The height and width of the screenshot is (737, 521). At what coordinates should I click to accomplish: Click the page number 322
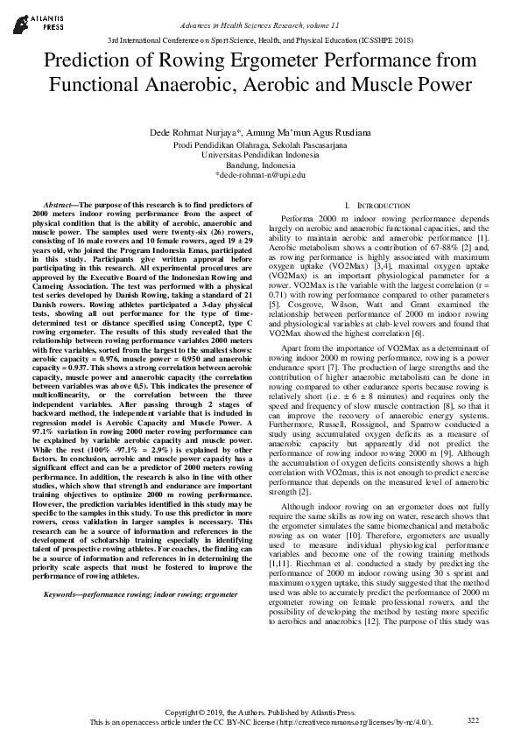(x=474, y=719)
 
